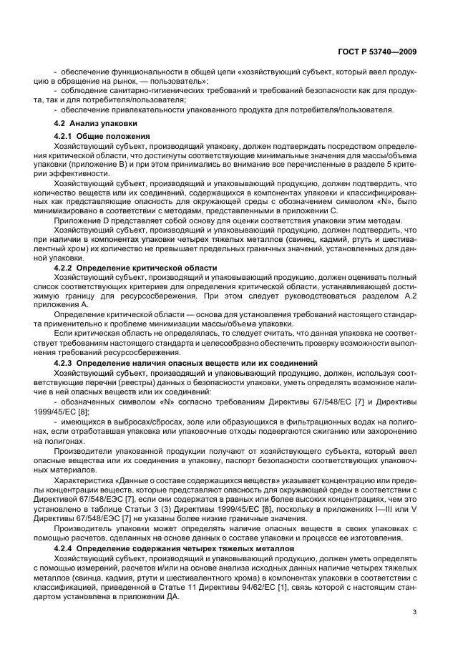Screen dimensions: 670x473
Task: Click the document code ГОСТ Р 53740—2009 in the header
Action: pos(387,52)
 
